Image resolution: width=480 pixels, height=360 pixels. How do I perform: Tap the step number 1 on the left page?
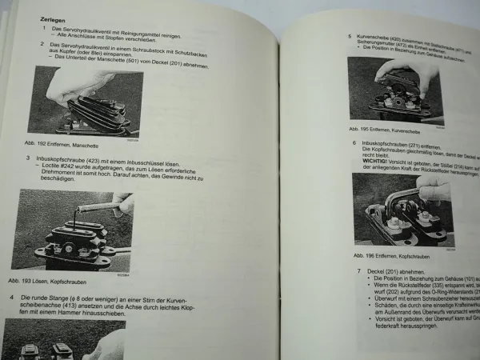point(44,28)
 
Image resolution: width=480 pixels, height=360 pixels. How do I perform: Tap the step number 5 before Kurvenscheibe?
point(350,37)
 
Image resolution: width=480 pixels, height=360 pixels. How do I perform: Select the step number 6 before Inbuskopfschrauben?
point(354,143)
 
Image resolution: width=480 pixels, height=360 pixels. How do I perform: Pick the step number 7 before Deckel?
point(359,271)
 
